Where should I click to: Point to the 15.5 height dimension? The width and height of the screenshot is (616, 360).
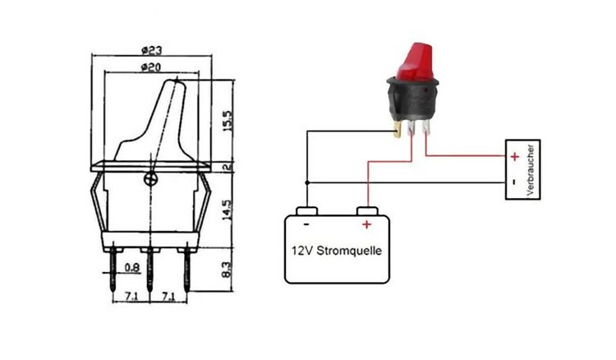(228, 121)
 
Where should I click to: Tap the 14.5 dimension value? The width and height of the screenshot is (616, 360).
(228, 202)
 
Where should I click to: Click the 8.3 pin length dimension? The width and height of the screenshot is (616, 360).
(228, 270)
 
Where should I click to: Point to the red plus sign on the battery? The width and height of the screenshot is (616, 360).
(366, 224)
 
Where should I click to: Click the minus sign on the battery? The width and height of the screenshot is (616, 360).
(306, 223)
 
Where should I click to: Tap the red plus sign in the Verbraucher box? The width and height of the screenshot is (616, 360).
(514, 155)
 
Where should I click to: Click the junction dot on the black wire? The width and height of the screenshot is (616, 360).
(306, 182)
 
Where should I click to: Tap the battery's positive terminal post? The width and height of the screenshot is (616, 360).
(365, 210)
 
